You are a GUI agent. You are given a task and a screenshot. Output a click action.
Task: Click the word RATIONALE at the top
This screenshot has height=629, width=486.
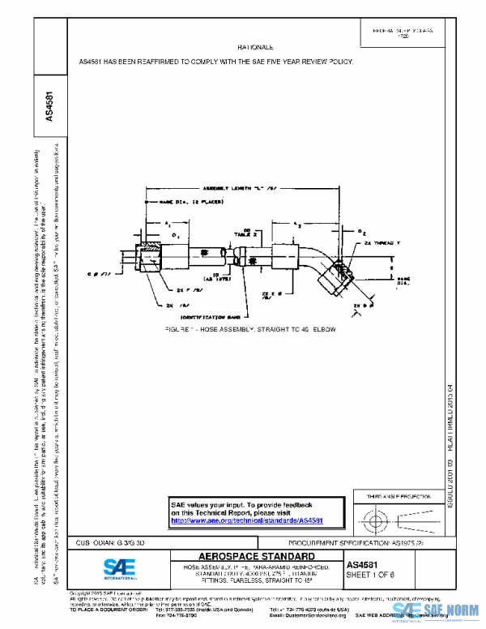click(x=256, y=49)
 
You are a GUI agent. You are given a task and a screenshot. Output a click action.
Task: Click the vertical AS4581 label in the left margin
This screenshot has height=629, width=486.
click(x=49, y=106)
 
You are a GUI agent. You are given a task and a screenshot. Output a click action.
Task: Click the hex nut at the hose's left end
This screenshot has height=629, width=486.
click(x=149, y=260)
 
